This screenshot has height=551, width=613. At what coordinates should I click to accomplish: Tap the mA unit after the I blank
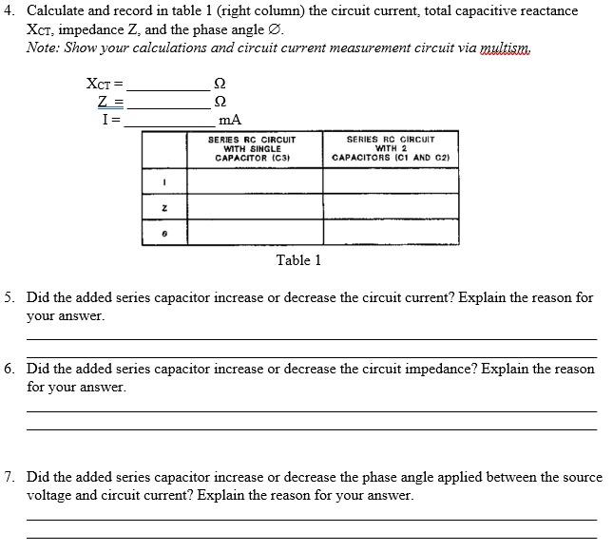(x=229, y=120)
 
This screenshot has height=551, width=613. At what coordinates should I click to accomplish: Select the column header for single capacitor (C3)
(x=253, y=149)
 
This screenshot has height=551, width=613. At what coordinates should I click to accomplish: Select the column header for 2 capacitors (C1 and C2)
(x=390, y=149)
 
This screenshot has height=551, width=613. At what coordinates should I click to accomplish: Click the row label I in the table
(x=164, y=181)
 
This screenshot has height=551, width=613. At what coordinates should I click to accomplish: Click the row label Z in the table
(x=164, y=206)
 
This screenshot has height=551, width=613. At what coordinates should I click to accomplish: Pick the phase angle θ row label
(x=164, y=232)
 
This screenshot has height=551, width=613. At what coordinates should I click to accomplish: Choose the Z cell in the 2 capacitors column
(x=391, y=206)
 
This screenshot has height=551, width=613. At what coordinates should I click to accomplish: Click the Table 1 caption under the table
(x=298, y=260)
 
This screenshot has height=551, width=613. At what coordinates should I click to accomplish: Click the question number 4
(x=9, y=10)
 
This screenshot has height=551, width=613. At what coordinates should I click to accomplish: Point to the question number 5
(x=9, y=297)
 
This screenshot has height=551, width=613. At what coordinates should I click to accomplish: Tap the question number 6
(x=9, y=369)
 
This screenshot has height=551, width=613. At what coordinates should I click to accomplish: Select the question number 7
(x=9, y=477)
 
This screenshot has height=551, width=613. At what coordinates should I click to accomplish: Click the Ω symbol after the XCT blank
(x=221, y=84)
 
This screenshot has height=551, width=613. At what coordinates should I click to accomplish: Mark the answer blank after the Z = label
(x=167, y=101)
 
